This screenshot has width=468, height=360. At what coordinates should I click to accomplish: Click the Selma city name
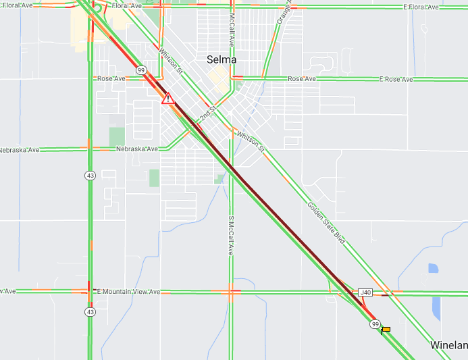222,59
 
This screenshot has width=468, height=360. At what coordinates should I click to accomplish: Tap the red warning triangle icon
168,99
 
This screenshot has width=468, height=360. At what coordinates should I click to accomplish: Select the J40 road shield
365,292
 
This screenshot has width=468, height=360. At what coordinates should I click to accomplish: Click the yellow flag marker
386,330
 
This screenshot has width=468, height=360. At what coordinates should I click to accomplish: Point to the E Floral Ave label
421,7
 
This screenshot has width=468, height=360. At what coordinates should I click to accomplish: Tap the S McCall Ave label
230,236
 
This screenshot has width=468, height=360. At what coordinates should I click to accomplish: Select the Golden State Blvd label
326,223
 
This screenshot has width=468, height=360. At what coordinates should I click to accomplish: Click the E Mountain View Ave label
128,292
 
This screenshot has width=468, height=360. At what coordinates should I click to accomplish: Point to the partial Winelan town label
448,345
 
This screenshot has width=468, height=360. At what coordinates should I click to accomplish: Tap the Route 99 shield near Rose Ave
141,70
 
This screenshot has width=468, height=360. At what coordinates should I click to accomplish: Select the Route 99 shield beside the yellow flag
375,324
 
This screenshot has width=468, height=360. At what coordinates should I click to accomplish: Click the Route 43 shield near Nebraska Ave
90,176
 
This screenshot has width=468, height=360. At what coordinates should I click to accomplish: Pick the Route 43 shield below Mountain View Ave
90,312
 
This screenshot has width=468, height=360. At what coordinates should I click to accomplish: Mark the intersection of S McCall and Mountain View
230,292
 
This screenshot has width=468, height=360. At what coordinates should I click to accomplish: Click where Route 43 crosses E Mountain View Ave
89,292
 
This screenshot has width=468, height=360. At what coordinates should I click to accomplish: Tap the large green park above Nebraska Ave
117,136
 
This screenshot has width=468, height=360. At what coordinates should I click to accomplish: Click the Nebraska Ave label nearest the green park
136,149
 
